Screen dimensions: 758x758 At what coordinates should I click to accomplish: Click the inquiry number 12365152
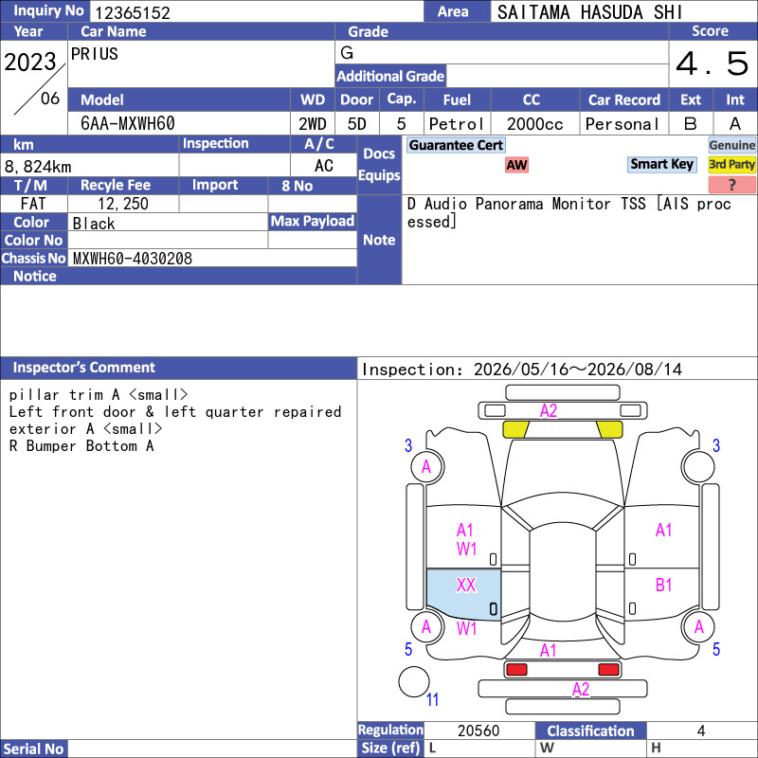[x=132, y=12]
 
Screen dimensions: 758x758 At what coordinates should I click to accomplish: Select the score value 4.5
[x=713, y=63]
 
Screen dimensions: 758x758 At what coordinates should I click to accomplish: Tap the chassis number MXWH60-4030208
[x=133, y=258]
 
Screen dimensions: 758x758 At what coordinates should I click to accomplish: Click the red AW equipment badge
[x=516, y=165]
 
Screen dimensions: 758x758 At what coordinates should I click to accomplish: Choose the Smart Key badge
[x=661, y=164]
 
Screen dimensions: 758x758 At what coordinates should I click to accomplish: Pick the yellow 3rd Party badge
[x=731, y=164]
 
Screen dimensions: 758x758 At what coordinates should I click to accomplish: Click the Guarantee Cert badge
[x=456, y=145]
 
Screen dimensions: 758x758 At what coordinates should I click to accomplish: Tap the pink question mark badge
[x=731, y=184]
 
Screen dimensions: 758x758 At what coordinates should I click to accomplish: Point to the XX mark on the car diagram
[x=466, y=585]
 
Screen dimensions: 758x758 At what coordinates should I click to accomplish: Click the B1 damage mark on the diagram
[x=664, y=585]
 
